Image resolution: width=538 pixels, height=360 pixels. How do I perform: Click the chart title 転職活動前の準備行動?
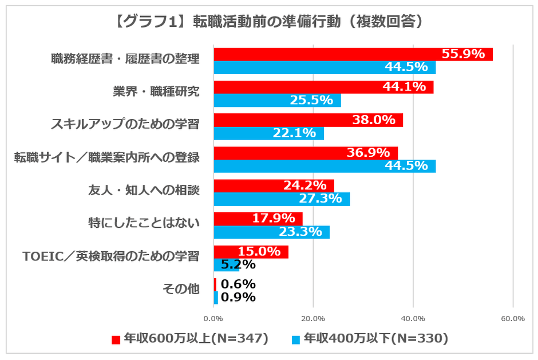[x=268, y=22]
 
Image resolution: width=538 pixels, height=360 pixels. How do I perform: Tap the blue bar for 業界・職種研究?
[x=277, y=101]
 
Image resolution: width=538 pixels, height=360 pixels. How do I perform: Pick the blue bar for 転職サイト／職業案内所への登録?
[x=325, y=167]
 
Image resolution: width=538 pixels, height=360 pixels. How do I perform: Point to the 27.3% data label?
[x=321, y=199]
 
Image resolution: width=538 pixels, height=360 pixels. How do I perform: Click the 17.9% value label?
[x=274, y=219]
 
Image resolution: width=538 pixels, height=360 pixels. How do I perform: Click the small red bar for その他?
[x=215, y=284]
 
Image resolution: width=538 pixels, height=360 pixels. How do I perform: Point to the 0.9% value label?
[x=238, y=298]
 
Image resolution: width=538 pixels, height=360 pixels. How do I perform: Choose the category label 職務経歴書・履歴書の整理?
[x=125, y=59]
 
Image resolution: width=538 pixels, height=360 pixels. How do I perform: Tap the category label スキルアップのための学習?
[x=125, y=124]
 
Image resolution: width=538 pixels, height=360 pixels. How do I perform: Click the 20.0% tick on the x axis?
[x=313, y=318]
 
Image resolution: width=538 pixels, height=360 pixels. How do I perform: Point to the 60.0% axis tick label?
[x=512, y=318]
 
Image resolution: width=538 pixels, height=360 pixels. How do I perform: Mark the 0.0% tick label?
[x=213, y=318]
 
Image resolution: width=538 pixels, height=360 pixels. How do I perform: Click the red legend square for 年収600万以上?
[x=115, y=339]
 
